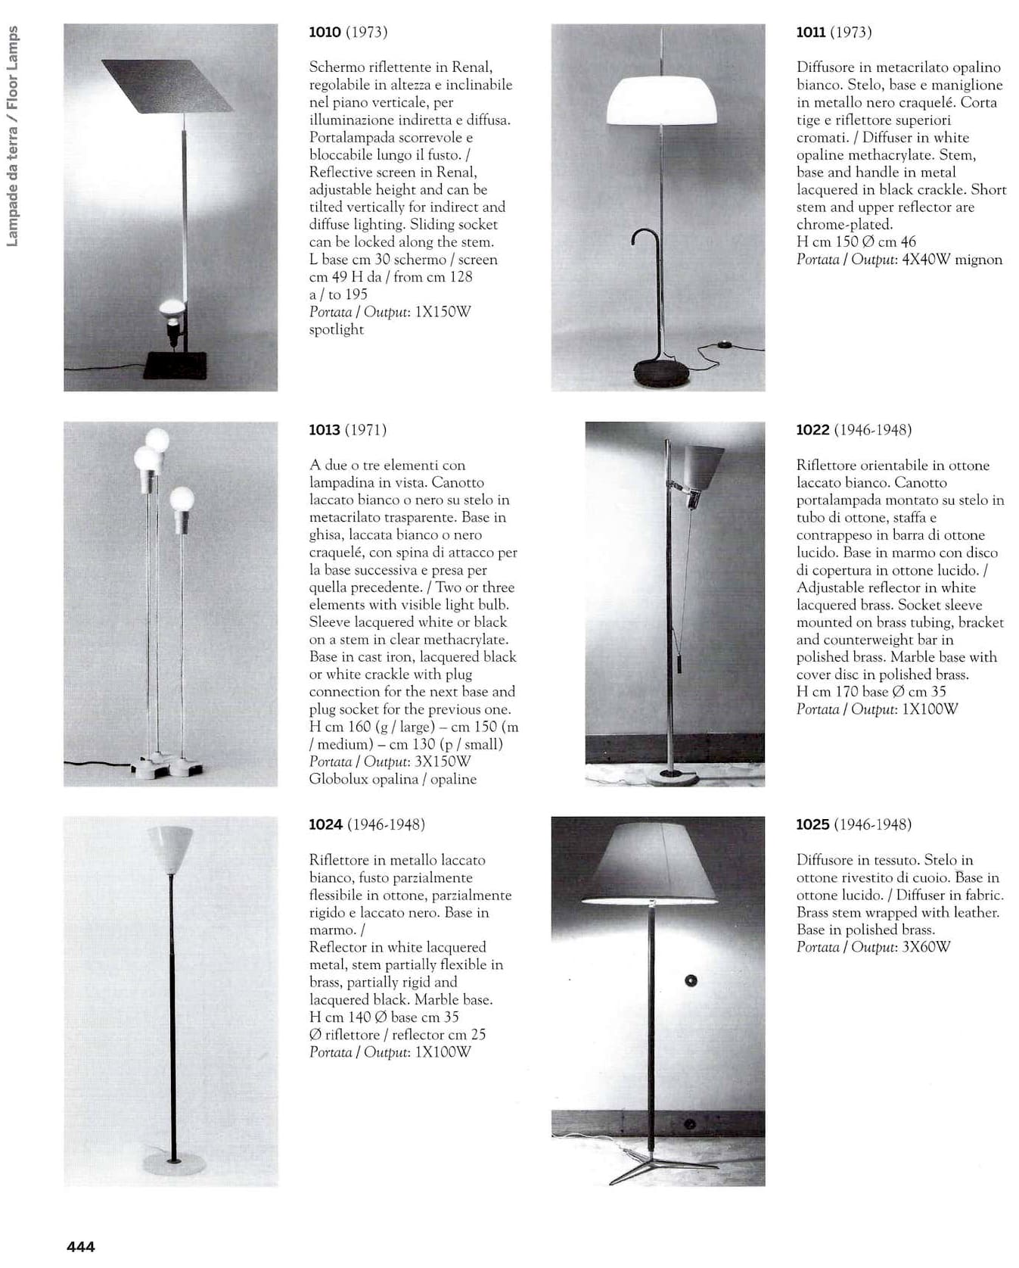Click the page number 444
pos(81,1246)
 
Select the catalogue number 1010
pos(325,32)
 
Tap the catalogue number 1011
pos(810,32)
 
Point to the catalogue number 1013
pos(325,430)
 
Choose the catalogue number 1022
pos(812,430)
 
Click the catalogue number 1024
pos(325,824)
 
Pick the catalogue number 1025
pos(812,824)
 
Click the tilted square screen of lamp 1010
pos(167,85)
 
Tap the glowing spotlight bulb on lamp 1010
pos(172,307)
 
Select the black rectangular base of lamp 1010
pos(175,365)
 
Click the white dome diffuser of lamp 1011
pos(662,101)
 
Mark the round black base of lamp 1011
pos(661,373)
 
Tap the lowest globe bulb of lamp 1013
pos(182,499)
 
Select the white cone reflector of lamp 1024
pos(170,848)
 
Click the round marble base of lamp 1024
pos(174,1164)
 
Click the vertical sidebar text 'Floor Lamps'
pos(12,69)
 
